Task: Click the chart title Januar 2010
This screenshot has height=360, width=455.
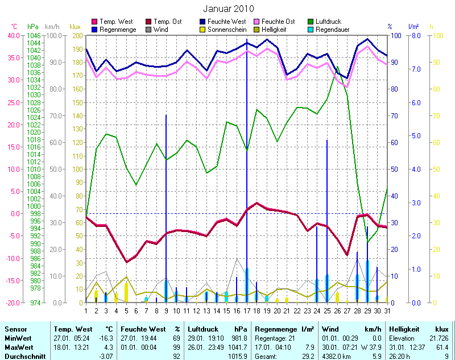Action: [x=228, y=9]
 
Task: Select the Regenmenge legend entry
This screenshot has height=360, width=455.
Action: [x=117, y=29]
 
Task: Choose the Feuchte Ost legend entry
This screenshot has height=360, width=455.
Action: [x=278, y=21]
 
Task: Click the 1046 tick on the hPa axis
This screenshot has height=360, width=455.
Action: [x=34, y=35]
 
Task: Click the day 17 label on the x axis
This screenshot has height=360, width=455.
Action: [x=246, y=310]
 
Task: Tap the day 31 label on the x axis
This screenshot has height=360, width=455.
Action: [x=387, y=310]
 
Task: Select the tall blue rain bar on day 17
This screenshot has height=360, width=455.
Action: [x=246, y=171]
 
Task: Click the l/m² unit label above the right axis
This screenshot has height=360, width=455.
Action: [x=414, y=27]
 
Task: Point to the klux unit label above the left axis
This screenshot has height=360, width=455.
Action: [x=75, y=27]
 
